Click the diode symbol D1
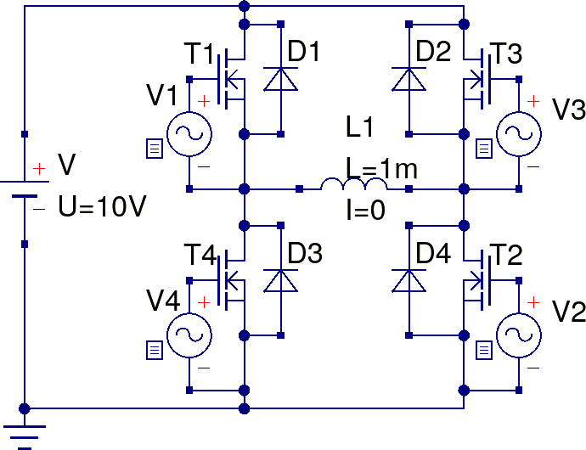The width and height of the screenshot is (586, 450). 280,79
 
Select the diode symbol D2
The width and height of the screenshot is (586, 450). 409,79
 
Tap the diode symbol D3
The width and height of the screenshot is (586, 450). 280,281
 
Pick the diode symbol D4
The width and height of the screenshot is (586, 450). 409,281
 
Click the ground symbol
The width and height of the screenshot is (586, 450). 25,433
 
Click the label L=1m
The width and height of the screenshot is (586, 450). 381,168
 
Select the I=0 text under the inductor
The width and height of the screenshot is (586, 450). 366,208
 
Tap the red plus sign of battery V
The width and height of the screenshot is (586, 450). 39,170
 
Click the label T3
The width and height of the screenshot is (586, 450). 507,53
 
